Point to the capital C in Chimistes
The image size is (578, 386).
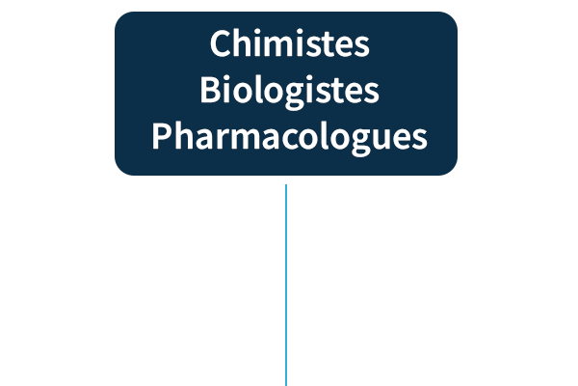pyautogui.click(x=221, y=44)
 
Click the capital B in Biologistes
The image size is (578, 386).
pyautogui.click(x=211, y=91)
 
